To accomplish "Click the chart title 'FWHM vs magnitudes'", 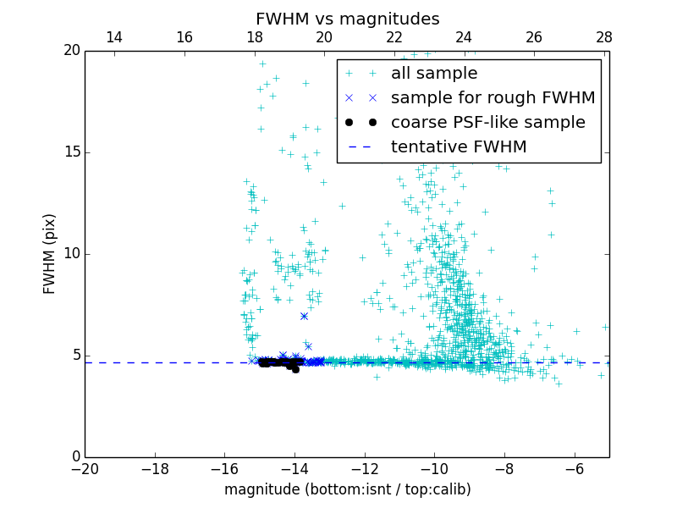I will [347, 19].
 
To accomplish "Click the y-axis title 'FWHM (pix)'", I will [50, 254].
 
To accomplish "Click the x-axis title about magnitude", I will [347, 489].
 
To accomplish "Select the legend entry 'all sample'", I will [434, 74].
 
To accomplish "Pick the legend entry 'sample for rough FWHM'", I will [493, 98].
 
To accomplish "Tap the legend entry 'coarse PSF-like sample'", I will [487, 123].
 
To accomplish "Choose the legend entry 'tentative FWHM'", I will [459, 147].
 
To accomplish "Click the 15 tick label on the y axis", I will [72, 152].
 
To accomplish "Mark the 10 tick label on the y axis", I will [72, 254].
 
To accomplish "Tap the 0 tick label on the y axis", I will [75, 457].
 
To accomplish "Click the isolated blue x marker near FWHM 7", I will [304, 316].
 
